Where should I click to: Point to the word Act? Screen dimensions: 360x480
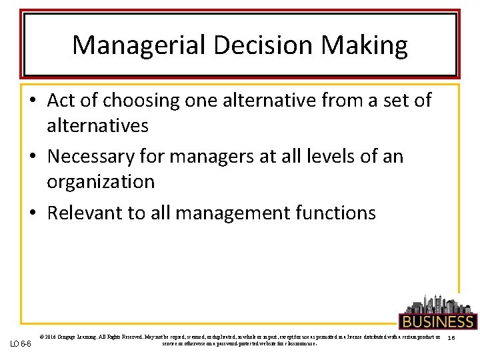(62, 101)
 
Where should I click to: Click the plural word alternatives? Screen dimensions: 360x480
(97, 125)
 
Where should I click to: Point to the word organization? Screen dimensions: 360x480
(101, 181)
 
